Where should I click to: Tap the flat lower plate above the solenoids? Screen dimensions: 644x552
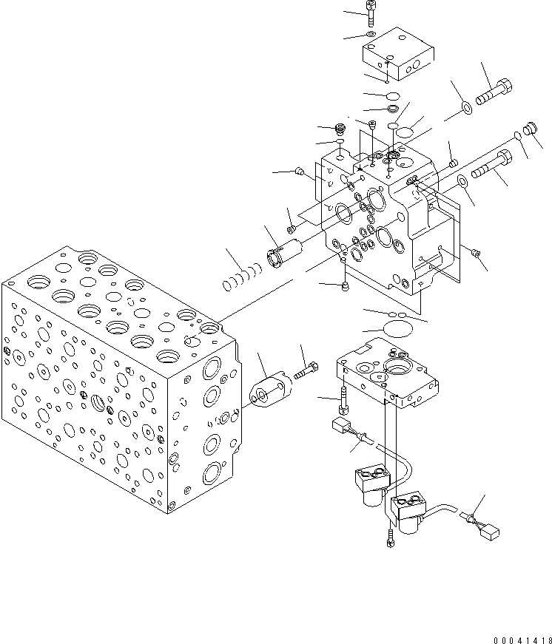[388, 373]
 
